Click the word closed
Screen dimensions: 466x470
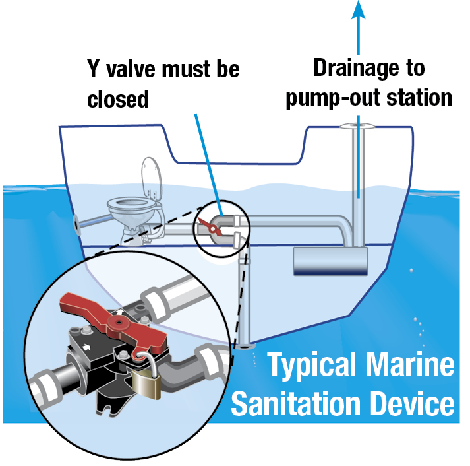point(118,100)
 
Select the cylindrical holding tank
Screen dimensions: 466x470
point(330,261)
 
